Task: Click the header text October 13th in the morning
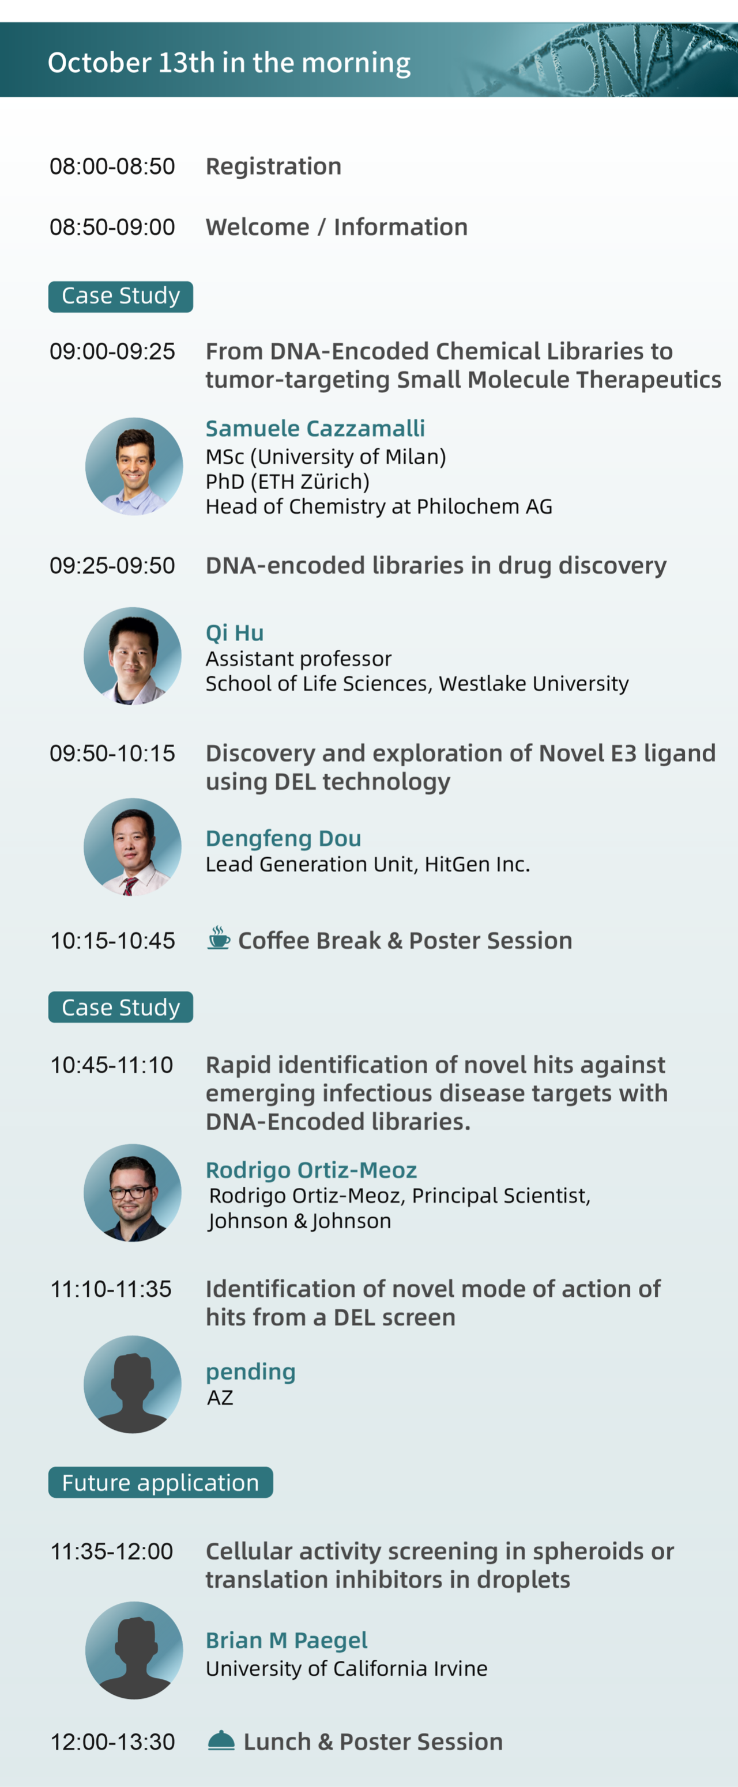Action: pos(229,62)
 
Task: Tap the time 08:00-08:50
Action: pos(112,166)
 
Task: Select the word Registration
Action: pos(273,166)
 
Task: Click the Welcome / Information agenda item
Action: pos(337,227)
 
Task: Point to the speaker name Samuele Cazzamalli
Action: pos(315,428)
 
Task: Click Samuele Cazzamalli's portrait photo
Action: pos(134,466)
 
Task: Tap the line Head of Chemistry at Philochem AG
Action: pos(379,506)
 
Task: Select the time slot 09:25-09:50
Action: pos(112,565)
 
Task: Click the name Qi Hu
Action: pos(235,633)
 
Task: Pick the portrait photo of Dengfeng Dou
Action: pos(133,847)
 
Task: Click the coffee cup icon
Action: pos(219,938)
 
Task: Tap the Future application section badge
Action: pos(160,1482)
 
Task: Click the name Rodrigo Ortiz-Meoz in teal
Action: pos(311,1169)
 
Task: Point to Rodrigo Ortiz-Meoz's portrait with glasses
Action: pos(133,1192)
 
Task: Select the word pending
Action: pos(251,1372)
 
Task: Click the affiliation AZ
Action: pos(220,1397)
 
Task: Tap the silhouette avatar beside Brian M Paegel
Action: pos(134,1650)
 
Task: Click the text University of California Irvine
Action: pos(347,1668)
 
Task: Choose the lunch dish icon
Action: pos(221,1740)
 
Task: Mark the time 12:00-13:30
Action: pos(112,1741)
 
